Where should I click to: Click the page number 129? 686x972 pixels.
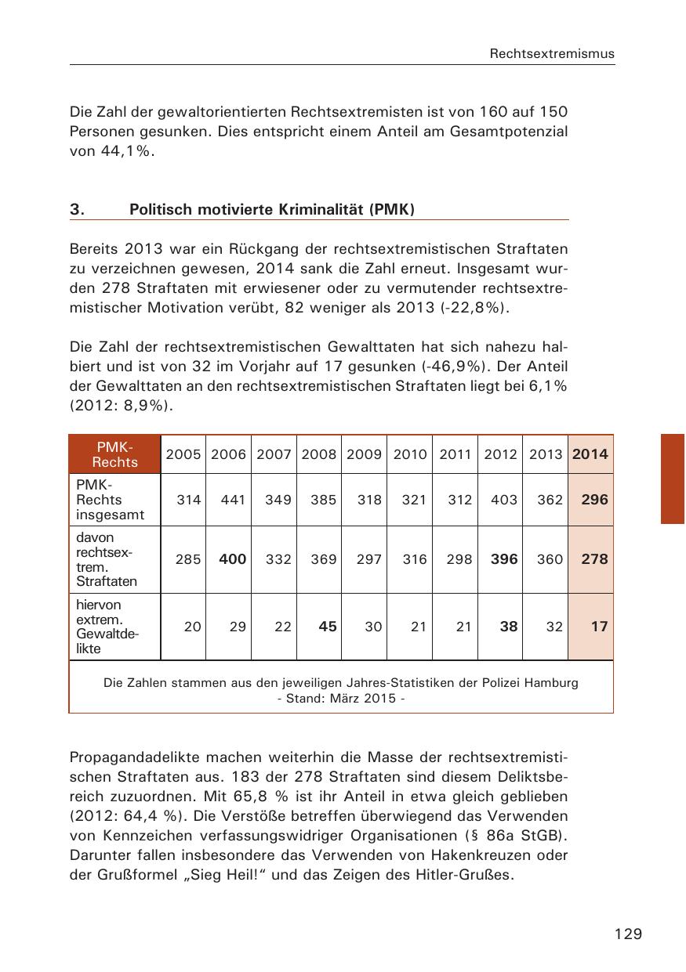[x=629, y=934]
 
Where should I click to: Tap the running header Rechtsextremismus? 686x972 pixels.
[x=552, y=54]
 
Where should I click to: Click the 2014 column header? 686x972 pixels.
[x=590, y=454]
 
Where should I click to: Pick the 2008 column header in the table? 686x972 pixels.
[x=319, y=454]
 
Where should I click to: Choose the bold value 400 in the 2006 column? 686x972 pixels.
[x=232, y=559]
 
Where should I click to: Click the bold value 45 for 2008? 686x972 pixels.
[x=328, y=627]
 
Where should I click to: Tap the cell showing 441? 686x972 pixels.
[x=234, y=500]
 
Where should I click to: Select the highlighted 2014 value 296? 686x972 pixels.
[x=594, y=500]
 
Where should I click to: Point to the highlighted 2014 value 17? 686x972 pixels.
[x=599, y=627]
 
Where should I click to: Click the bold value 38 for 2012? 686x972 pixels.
[x=509, y=627]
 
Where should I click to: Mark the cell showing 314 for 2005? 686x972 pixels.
[x=188, y=500]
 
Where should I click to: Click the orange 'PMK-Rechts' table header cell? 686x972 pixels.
[x=114, y=454]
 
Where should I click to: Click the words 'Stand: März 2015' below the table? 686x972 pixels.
[x=341, y=698]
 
